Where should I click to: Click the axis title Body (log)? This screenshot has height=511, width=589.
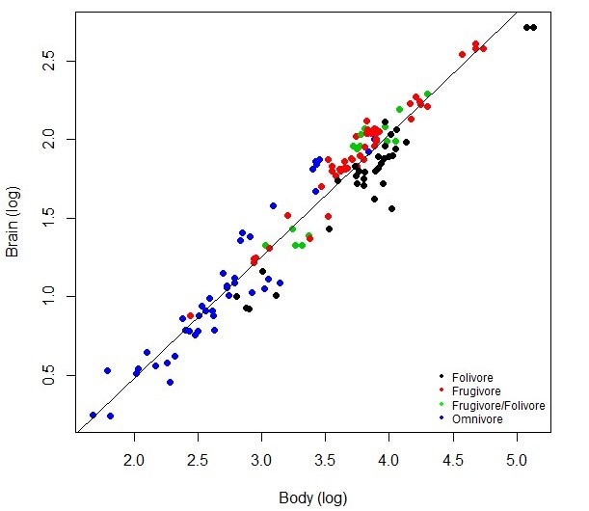point(312,498)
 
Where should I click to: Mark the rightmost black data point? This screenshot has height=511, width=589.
point(533,27)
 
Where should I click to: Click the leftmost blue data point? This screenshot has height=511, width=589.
point(94,415)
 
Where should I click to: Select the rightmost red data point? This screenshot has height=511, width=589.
point(484,48)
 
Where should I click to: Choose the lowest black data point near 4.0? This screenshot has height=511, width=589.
point(392,208)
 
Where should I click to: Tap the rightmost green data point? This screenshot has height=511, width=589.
point(427,94)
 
